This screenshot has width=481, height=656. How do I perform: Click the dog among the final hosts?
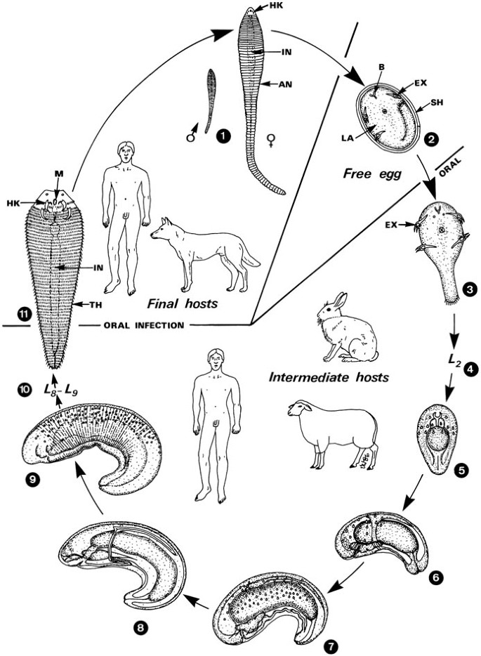click(203, 254)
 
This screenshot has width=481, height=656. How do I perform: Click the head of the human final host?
click(125, 152)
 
